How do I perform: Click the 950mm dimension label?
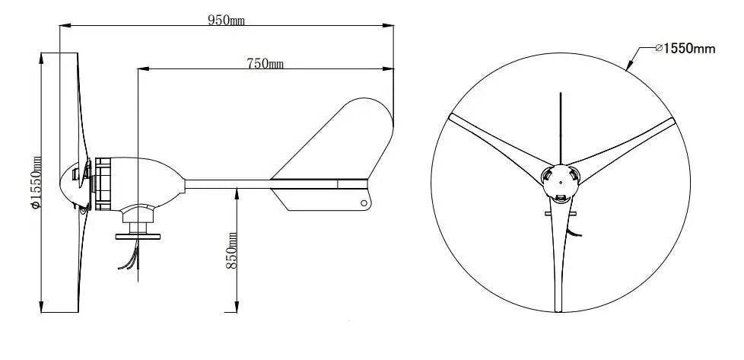[226, 21]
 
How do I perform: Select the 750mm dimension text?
[265, 64]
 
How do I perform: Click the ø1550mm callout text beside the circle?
[685, 49]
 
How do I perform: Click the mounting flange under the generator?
[138, 234]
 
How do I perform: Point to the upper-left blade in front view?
[494, 142]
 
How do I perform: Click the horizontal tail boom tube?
[228, 183]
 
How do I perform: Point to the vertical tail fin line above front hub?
[561, 126]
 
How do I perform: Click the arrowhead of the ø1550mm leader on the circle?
[628, 68]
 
